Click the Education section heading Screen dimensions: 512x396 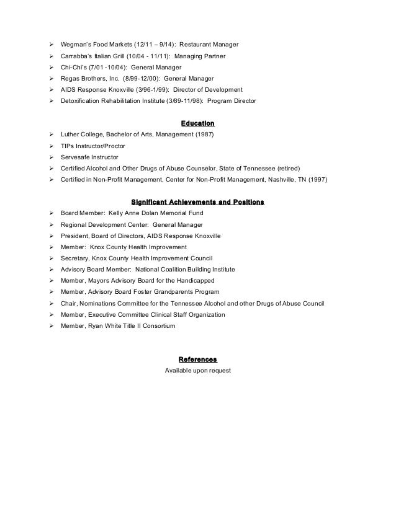click(197, 123)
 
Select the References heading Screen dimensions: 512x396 click(197, 360)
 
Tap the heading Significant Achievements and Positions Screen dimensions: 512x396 click(197, 202)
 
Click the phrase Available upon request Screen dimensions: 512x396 click(197, 370)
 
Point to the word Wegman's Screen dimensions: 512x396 click(75, 45)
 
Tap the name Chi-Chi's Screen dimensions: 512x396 click(73, 67)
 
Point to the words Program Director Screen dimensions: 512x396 click(232, 101)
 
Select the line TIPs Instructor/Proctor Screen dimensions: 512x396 click(92, 146)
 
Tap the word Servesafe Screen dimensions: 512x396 click(75, 157)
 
